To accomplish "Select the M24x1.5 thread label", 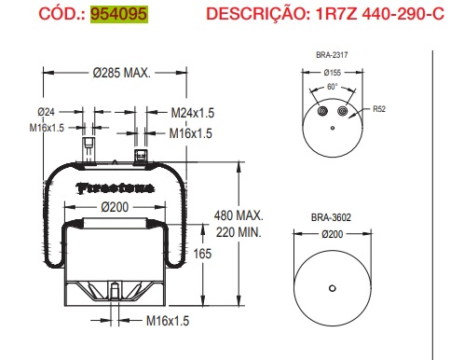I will (193, 113).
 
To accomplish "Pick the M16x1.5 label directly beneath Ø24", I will (47, 128).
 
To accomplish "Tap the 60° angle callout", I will (333, 88).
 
